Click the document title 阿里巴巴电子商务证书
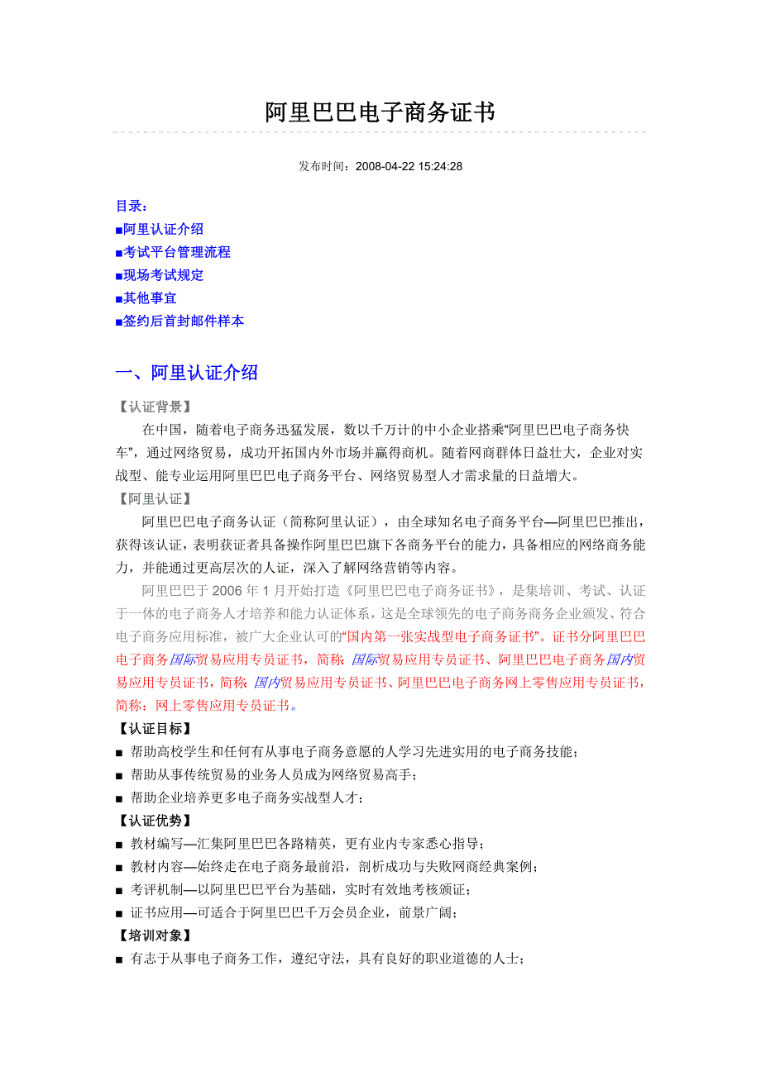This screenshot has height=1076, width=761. (380, 112)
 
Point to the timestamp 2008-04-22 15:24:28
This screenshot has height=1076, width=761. (409, 166)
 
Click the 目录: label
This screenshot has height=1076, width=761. (132, 206)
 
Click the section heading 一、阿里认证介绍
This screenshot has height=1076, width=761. (187, 373)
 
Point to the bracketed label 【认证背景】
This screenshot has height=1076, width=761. (155, 407)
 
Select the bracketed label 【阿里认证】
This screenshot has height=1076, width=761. (155, 498)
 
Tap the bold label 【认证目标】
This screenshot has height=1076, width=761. (155, 729)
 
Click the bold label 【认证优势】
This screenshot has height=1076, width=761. (155, 821)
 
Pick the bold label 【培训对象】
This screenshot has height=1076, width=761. (155, 936)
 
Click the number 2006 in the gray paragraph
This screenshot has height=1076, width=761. (227, 591)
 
